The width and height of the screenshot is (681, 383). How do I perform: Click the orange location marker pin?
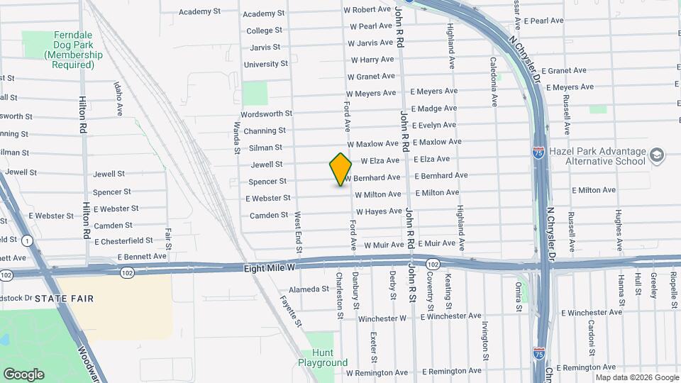[x=340, y=170]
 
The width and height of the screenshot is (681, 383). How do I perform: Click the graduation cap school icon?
[x=657, y=153]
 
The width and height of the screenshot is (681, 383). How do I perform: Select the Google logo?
[x=23, y=374]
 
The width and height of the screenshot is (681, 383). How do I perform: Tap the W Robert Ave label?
[x=367, y=9]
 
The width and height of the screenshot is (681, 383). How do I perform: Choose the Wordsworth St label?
[x=266, y=113]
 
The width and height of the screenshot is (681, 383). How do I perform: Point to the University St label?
[x=265, y=64]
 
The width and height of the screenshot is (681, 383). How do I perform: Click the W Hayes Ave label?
[x=379, y=211]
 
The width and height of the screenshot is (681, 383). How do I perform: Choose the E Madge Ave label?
[x=433, y=109]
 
